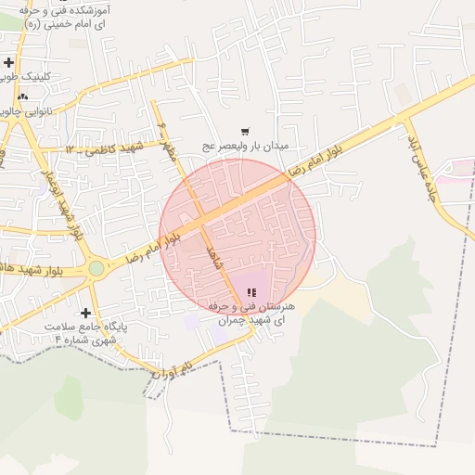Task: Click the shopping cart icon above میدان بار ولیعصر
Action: (x=245, y=132)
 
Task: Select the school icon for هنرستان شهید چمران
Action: (x=251, y=293)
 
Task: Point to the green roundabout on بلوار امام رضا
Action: (x=96, y=269)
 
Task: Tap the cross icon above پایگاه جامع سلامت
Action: (x=86, y=314)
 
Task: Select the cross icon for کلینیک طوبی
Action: (x=9, y=62)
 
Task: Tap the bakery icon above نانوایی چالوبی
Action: (x=23, y=96)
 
